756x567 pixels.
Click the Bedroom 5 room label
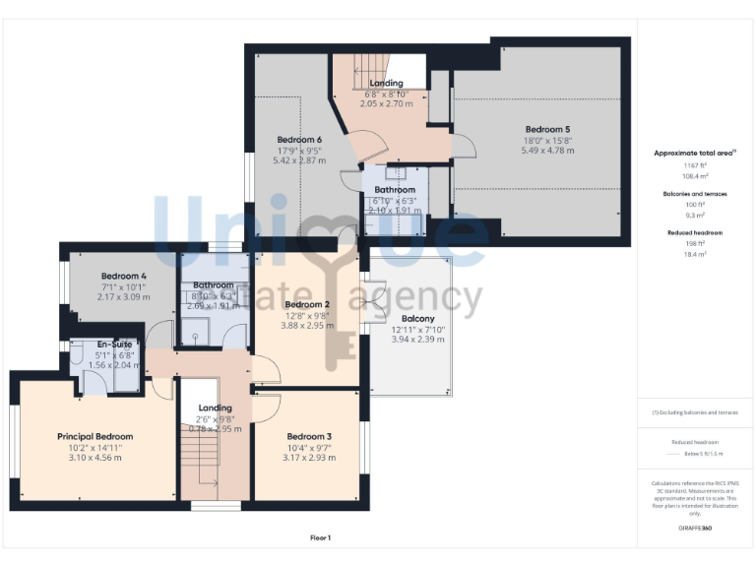546,129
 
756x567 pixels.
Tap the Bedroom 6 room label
299,139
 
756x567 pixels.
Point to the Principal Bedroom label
94,436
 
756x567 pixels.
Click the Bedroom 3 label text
309,436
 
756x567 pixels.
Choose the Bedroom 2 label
306,304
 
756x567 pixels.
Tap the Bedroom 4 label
124,276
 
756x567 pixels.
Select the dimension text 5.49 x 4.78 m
547,151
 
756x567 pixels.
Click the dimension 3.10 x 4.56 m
94,457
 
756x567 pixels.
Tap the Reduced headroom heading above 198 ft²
695,232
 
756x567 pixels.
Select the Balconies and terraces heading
695,194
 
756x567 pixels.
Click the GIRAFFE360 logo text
695,529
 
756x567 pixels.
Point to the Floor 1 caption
320,537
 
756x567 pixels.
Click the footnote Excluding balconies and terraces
695,412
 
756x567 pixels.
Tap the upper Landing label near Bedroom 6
385,84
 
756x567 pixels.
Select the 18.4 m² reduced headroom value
695,255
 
